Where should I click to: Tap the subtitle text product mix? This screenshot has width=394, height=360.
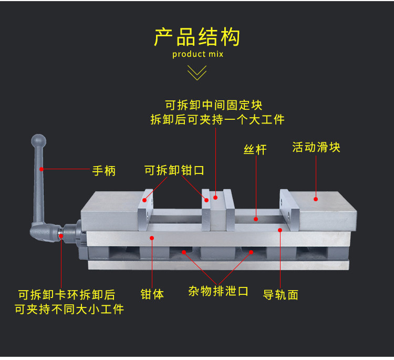point(198,55)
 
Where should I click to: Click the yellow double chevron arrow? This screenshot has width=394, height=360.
point(197,73)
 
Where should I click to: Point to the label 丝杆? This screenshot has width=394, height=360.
point(255,150)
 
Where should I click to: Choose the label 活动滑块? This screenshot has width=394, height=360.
point(316,147)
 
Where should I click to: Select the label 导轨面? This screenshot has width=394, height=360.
point(281,294)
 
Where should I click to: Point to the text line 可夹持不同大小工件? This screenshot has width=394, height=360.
point(69,309)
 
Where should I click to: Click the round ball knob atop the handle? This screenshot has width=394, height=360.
point(38,141)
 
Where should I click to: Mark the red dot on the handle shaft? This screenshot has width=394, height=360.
point(40,169)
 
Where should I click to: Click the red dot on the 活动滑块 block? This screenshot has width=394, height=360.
point(316,199)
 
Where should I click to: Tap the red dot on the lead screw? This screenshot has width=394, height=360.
point(256,219)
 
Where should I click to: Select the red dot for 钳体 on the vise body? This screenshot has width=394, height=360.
point(152,238)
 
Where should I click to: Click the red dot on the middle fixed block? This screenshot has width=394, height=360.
point(215,199)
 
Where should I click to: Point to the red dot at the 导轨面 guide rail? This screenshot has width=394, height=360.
point(280,230)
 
